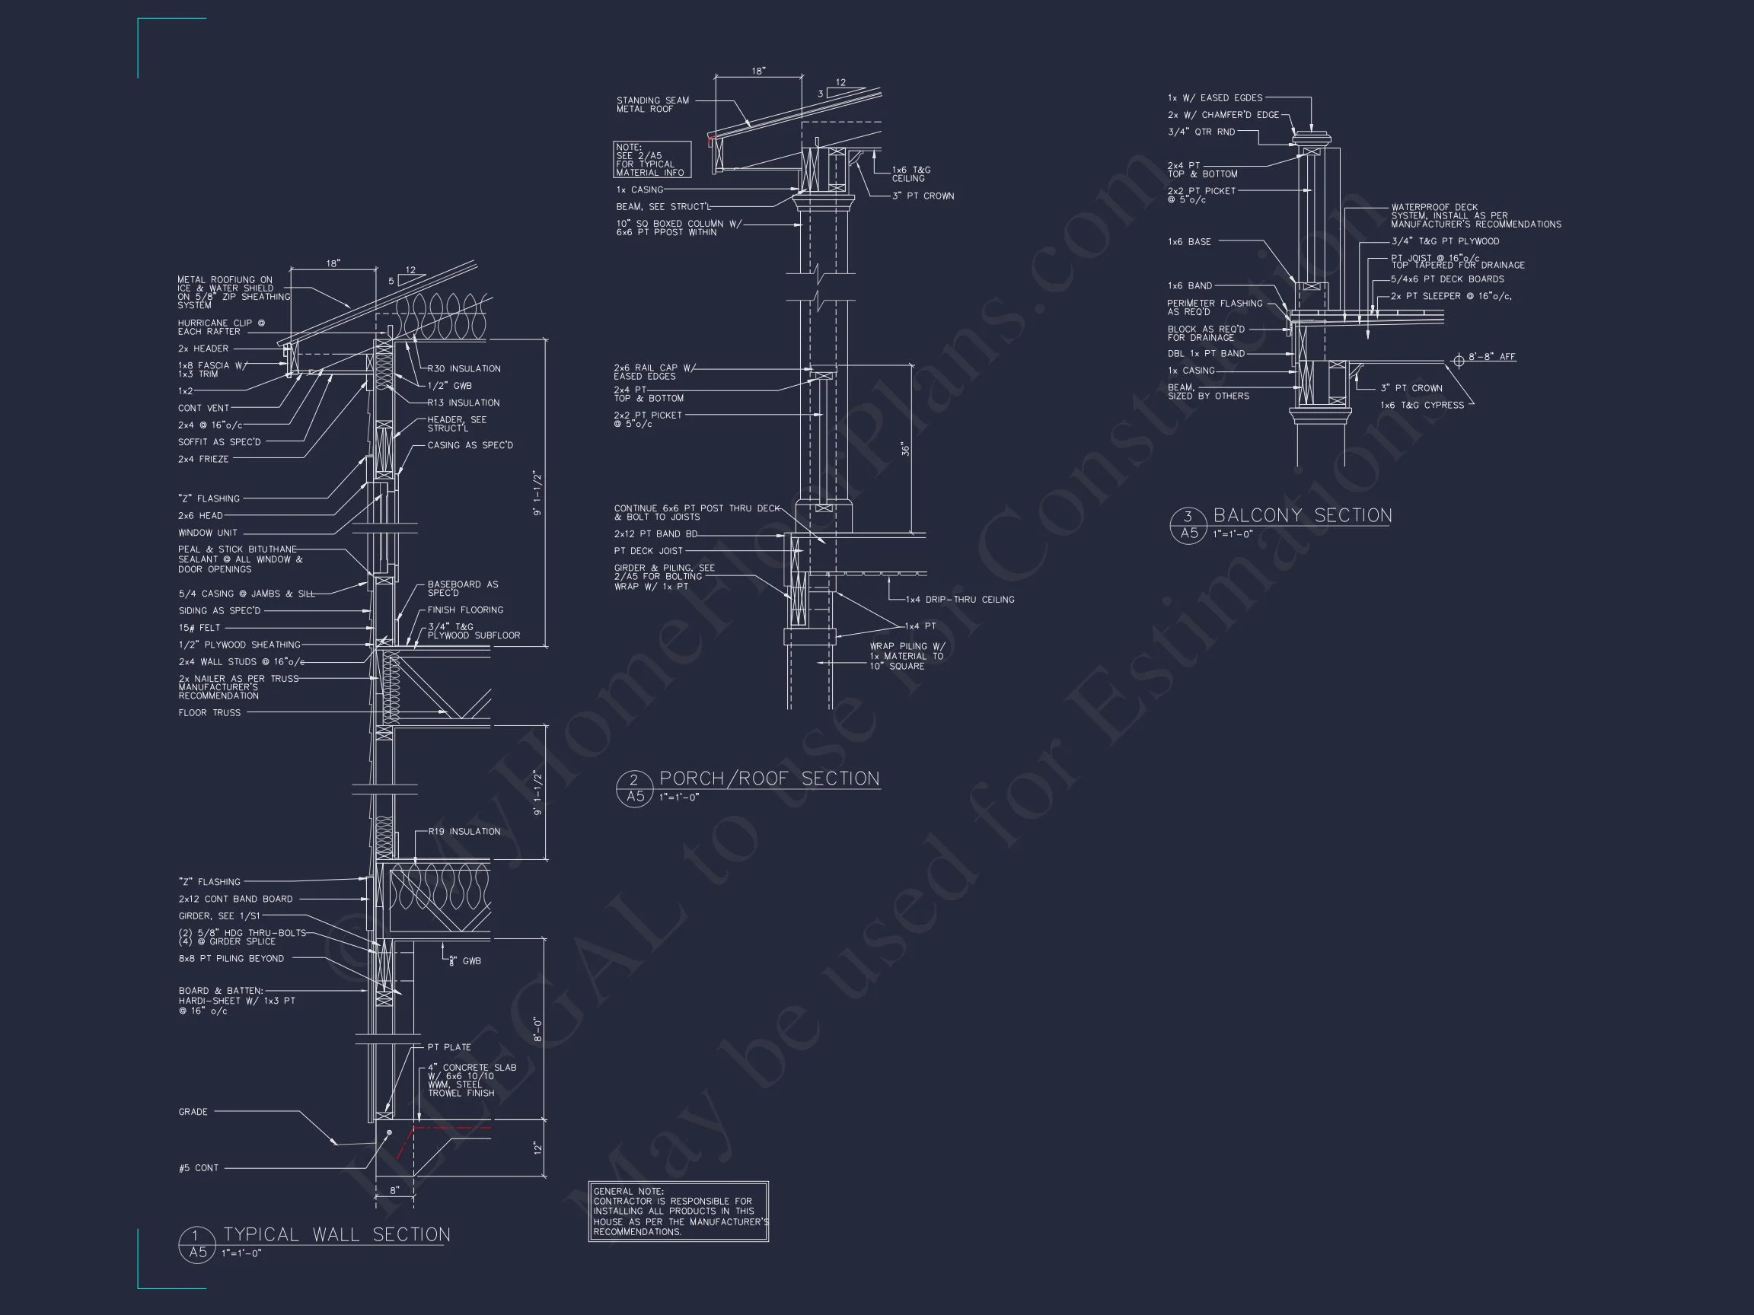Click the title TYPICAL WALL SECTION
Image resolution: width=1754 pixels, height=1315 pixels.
[336, 1234]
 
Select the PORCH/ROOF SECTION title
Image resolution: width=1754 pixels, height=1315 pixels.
[769, 778]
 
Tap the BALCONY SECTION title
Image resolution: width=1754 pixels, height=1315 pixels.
[1302, 515]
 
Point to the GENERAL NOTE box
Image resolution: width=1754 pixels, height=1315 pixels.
[679, 1212]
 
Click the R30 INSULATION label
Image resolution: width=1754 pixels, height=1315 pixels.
[464, 368]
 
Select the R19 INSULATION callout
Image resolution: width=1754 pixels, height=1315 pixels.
[464, 832]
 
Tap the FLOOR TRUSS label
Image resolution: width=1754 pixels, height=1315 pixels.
[209, 712]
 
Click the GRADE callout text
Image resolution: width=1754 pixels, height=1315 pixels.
[193, 1112]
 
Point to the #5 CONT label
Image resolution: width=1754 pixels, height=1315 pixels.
[198, 1167]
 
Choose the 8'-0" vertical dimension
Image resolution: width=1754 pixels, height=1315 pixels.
[537, 1030]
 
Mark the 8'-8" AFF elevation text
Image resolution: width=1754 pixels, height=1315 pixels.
[1491, 357]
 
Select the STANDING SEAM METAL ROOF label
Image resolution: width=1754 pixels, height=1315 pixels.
[652, 104]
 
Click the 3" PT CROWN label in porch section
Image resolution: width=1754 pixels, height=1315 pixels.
[923, 196]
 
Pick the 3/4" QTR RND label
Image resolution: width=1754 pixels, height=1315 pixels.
[1201, 132]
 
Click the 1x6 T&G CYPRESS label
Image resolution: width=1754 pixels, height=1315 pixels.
[1423, 405]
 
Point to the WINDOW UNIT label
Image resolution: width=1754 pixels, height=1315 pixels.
[208, 533]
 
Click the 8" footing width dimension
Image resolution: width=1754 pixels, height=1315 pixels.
[395, 1190]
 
